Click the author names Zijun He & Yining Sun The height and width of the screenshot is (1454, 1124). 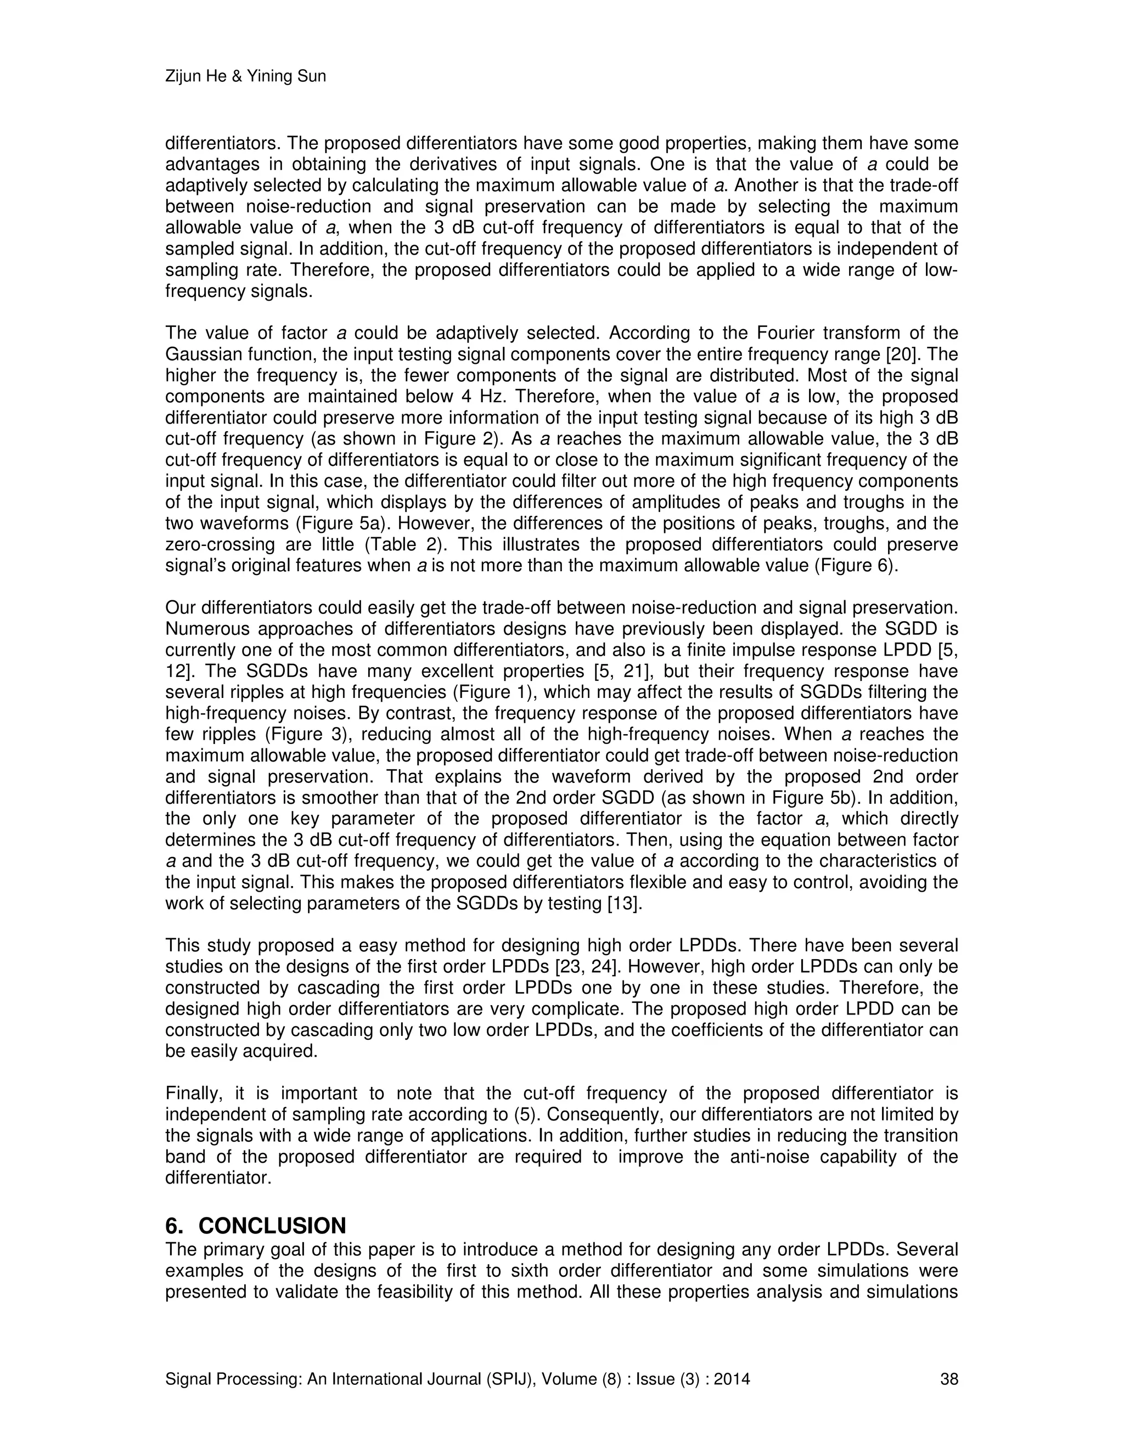tap(245, 77)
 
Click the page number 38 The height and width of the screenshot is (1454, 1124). tap(949, 1379)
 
